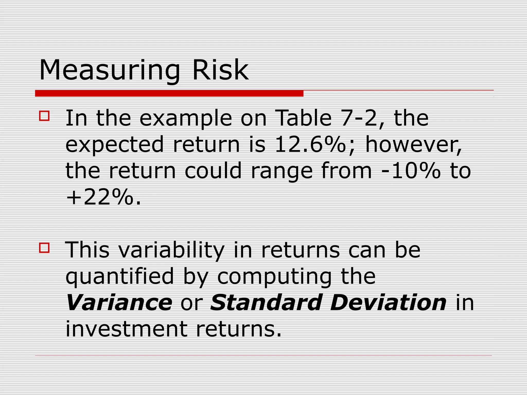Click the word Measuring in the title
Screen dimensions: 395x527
pos(110,70)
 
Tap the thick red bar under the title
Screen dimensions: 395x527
pos(169,93)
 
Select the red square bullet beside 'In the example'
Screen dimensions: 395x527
pos(44,116)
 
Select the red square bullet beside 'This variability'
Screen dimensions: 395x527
pos(44,248)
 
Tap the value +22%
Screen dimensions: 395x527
pos(100,197)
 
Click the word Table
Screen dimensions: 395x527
pos(303,118)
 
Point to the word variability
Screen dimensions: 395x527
pos(171,251)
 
